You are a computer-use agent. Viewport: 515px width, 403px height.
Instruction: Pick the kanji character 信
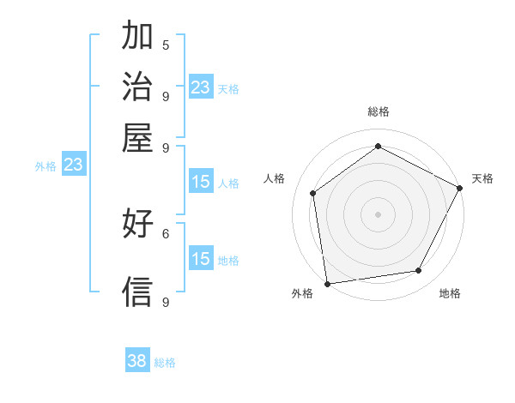point(138,292)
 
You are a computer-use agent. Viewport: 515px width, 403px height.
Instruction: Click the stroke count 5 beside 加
point(166,45)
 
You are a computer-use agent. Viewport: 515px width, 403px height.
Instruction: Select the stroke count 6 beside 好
point(166,232)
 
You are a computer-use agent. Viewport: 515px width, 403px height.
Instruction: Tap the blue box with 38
point(137,361)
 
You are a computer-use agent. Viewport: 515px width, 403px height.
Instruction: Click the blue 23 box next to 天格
point(201,87)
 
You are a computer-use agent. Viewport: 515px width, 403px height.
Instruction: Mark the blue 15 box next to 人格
point(201,182)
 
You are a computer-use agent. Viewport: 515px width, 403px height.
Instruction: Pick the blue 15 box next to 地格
point(201,260)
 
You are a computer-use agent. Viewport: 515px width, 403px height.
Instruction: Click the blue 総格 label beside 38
point(165,363)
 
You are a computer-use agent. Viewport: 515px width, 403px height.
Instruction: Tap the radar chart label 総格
point(378,111)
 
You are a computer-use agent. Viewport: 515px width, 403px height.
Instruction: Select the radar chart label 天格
point(482,178)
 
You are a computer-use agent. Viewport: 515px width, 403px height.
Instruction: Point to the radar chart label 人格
point(275,178)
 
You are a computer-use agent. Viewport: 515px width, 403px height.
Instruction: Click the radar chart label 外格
point(302,293)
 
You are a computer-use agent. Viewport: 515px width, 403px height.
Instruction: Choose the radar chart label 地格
point(450,293)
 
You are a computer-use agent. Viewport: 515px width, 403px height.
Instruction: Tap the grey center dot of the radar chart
point(378,214)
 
